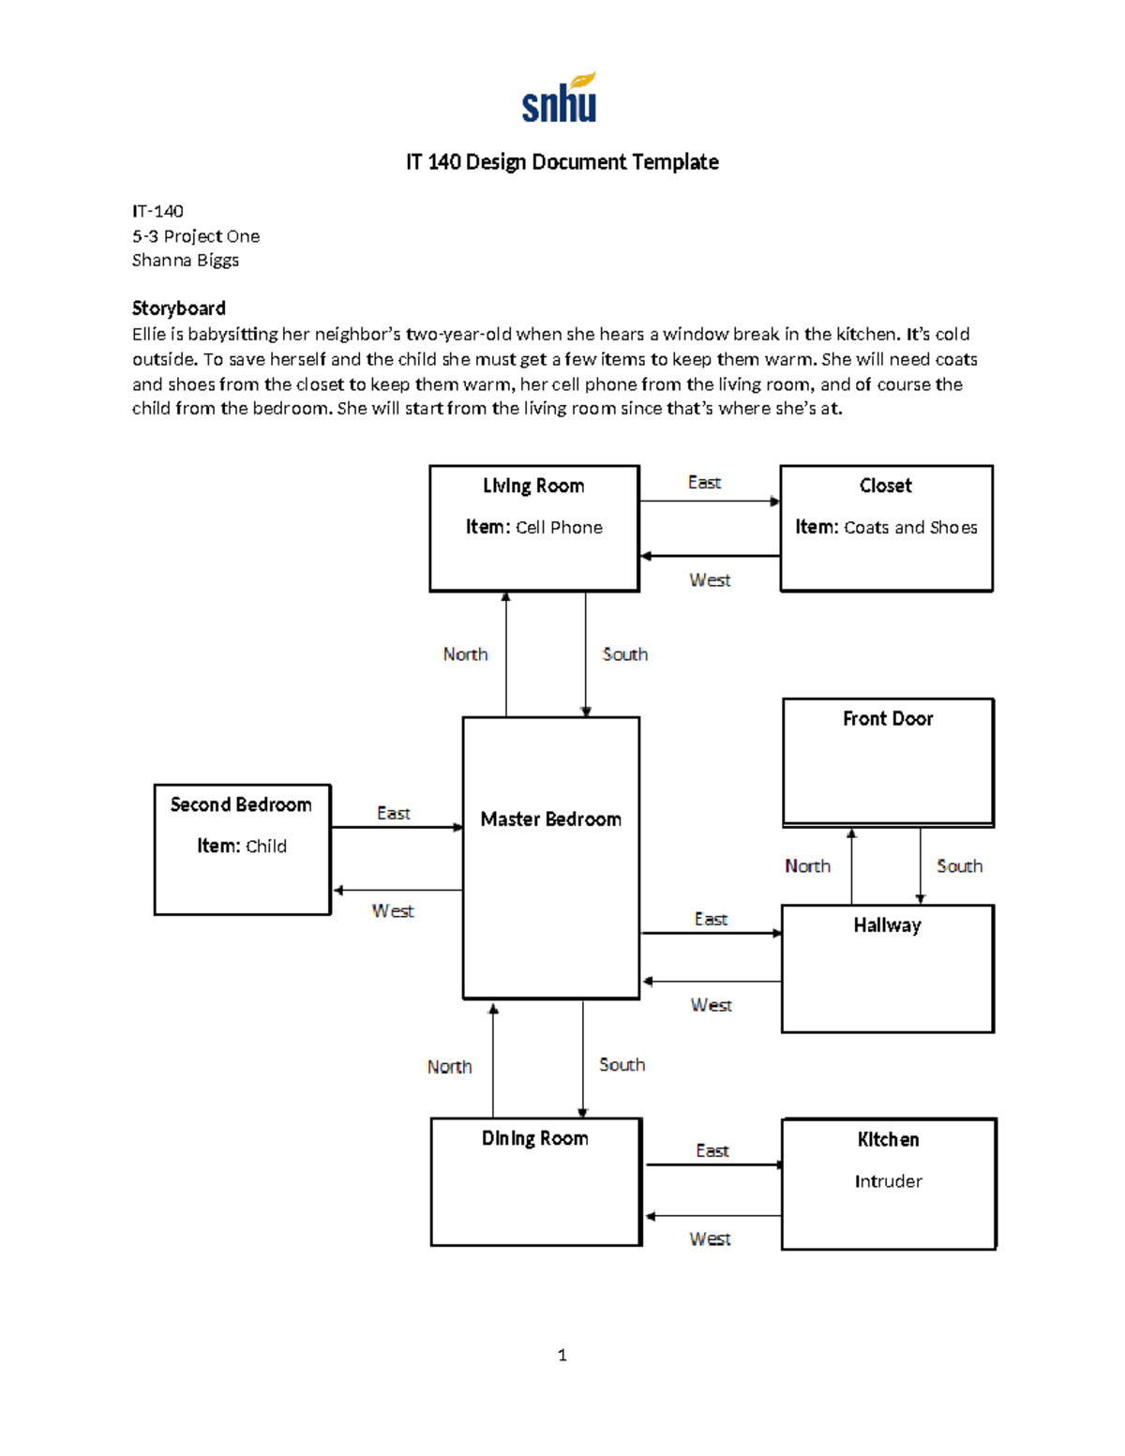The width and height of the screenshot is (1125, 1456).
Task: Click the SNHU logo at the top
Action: pyautogui.click(x=560, y=98)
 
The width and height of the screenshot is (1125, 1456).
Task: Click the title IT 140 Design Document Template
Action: pyautogui.click(x=562, y=162)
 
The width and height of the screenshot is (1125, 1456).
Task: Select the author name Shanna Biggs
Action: pyautogui.click(x=186, y=261)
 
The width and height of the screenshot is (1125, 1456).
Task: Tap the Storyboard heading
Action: pyautogui.click(x=178, y=308)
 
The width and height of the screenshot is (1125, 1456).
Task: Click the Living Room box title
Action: pyautogui.click(x=533, y=486)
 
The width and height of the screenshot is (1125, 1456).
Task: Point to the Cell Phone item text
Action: pyautogui.click(x=559, y=528)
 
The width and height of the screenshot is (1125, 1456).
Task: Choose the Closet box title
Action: pyautogui.click(x=885, y=486)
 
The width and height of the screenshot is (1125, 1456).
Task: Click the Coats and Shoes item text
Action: pyautogui.click(x=910, y=528)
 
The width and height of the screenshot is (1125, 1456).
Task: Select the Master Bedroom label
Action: pyautogui.click(x=550, y=819)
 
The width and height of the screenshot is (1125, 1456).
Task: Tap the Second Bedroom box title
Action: pyautogui.click(x=241, y=805)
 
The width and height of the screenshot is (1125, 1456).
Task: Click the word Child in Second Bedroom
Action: pyautogui.click(x=266, y=847)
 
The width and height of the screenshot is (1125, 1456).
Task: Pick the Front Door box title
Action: pyautogui.click(x=887, y=719)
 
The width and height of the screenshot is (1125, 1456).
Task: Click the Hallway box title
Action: pyautogui.click(x=887, y=926)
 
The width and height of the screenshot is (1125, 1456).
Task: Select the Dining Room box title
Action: pyautogui.click(x=534, y=1138)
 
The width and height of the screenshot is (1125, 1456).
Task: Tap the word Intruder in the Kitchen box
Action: pyautogui.click(x=888, y=1181)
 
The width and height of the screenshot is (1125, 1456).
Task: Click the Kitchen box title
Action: pyautogui.click(x=888, y=1140)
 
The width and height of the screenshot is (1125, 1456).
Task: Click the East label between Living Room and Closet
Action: pyautogui.click(x=704, y=483)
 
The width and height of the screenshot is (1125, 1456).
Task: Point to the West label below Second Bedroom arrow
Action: pyautogui.click(x=392, y=911)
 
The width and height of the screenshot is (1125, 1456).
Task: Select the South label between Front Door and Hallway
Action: pyautogui.click(x=959, y=866)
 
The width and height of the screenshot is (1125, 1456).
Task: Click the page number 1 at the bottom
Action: pyautogui.click(x=562, y=1355)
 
